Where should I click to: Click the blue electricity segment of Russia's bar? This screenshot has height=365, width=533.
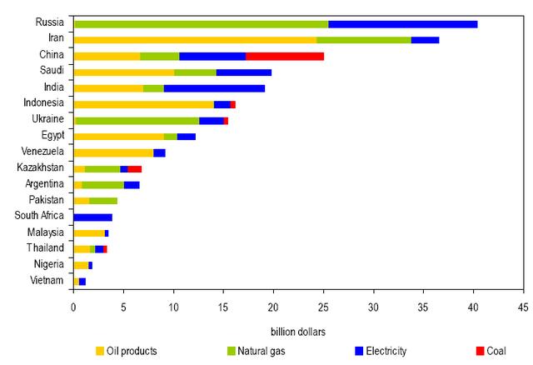point(402,24)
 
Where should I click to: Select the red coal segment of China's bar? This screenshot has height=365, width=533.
point(285,56)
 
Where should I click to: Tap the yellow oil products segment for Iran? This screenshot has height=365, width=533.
point(195,40)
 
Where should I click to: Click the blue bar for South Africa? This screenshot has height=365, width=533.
point(92,217)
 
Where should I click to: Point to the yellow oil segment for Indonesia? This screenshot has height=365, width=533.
point(144,104)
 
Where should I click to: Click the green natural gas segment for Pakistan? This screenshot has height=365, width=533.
point(103,201)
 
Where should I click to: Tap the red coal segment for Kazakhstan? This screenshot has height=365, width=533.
point(135,168)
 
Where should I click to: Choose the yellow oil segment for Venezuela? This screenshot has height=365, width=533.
point(113,152)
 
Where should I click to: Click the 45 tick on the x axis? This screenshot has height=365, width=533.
point(523,306)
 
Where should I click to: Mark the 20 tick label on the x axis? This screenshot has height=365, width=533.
point(273,306)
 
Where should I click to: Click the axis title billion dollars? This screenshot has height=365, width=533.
point(298,332)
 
